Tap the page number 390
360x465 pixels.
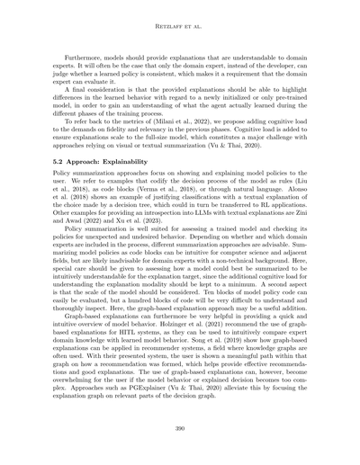click(180, 429)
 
